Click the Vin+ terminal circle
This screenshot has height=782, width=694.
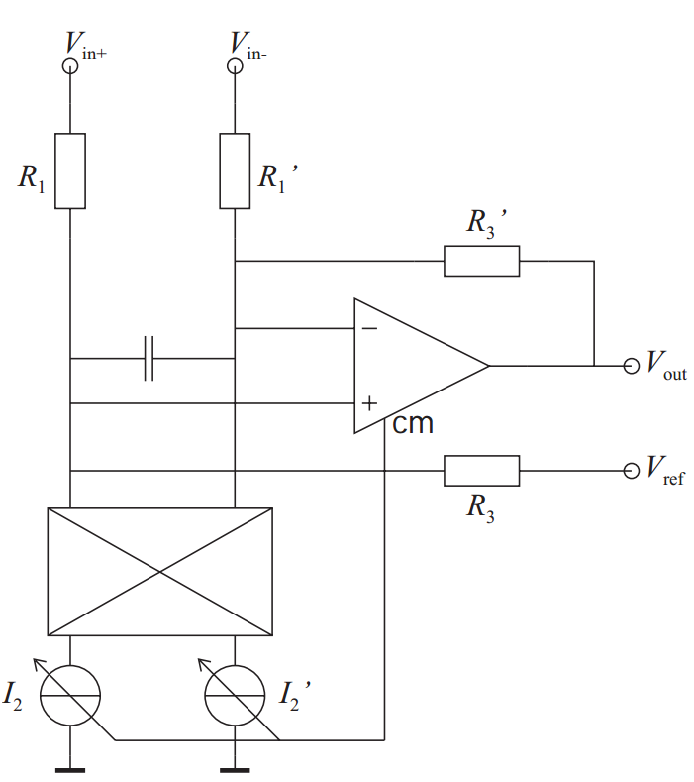(70, 66)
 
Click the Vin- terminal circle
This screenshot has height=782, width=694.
(235, 66)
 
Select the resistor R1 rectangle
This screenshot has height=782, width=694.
(70, 170)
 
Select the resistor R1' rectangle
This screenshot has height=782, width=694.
(235, 170)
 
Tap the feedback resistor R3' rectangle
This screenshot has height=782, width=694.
(481, 261)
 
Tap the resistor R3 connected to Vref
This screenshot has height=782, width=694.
(481, 470)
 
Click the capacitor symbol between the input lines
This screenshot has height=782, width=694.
(149, 358)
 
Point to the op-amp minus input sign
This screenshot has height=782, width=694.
(369, 328)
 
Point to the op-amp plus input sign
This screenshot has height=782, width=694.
(369, 403)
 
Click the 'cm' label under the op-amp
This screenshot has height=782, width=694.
(413, 424)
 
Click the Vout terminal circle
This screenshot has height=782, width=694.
(632, 366)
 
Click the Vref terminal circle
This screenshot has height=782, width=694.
(632, 470)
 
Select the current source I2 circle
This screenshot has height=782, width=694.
(70, 696)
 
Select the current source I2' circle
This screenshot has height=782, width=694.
(235, 696)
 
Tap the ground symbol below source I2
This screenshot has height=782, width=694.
(70, 768)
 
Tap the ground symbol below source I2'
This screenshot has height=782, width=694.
(235, 768)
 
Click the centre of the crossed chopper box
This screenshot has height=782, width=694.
(159, 571)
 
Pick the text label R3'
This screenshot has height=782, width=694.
(487, 223)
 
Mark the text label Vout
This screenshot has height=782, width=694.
(665, 366)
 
